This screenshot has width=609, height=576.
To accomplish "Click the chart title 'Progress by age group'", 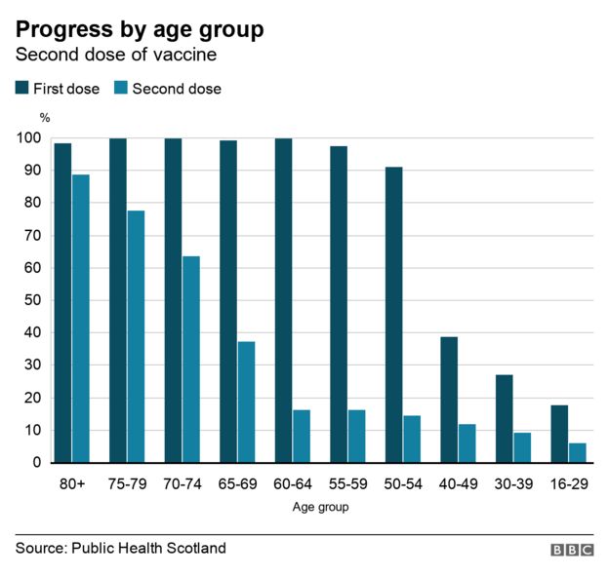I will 139,29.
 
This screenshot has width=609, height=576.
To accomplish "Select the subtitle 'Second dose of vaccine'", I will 115,56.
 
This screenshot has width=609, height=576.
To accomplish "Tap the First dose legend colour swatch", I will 21,89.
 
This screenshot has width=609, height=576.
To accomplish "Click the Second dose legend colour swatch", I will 121,89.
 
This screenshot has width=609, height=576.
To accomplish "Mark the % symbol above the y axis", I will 44,116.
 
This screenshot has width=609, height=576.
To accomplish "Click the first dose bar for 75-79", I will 118,300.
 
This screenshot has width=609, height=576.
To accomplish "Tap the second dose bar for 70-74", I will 190,360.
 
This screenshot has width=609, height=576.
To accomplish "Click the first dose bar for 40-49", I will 449,400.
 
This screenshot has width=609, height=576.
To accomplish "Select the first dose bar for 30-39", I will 504,418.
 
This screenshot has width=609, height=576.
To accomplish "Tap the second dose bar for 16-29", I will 577,452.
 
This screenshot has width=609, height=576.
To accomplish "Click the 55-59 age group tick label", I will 347,482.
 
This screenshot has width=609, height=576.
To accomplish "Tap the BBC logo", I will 572,550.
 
